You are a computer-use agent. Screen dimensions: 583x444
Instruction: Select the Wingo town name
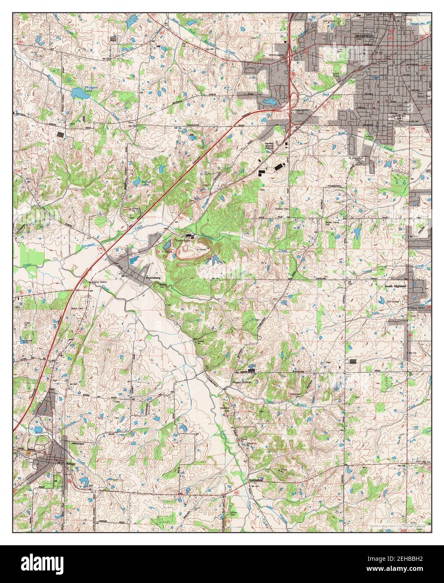click(71, 463)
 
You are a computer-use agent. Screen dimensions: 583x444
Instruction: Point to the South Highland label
click(395, 286)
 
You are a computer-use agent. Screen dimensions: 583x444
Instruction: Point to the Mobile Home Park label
click(332, 223)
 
